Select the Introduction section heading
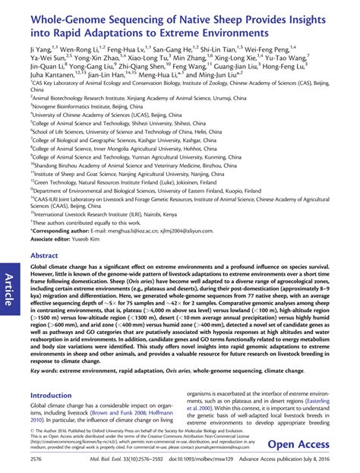click(55, 396)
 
